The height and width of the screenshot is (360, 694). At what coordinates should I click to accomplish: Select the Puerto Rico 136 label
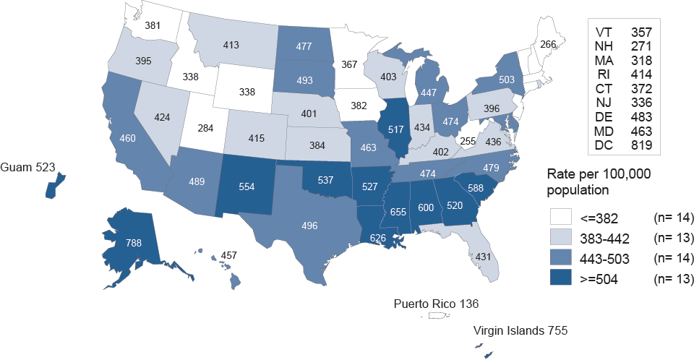pyautogui.click(x=436, y=303)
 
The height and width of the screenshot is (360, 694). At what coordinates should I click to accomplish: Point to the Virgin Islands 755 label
pyautogui.click(x=520, y=331)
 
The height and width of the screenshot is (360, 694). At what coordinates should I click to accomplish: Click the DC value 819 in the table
pyautogui.click(x=642, y=145)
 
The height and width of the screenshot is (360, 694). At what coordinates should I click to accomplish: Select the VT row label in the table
pyautogui.click(x=604, y=33)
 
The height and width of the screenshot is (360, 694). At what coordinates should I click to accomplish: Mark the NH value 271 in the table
pyautogui.click(x=642, y=46)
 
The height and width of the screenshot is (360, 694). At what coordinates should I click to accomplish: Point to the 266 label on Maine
pyautogui.click(x=549, y=44)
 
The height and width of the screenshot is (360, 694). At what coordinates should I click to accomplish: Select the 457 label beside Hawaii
pyautogui.click(x=229, y=256)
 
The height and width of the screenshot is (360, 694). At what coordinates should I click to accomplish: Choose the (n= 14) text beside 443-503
pyautogui.click(x=674, y=258)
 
